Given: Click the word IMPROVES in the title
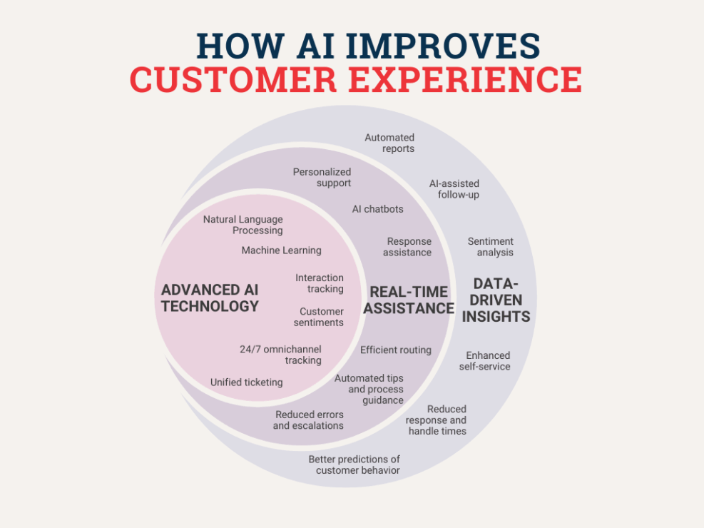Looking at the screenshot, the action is coord(443,46).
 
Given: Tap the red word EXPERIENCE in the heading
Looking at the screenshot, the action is coord(465,79).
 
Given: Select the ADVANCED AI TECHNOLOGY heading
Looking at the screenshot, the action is coord(210,298).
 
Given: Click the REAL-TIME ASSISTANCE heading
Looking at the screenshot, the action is coord(409,300).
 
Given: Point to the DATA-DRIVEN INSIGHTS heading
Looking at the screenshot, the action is coord(496,300).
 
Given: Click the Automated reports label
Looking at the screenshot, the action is coord(389,143).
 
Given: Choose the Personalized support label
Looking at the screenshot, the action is coord(322,178).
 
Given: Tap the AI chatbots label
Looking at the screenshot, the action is coord(377,209).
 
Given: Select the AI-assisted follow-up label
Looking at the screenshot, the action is coord(454,189).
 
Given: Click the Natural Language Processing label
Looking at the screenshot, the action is coord(243,225).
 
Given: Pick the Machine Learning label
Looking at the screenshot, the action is coord(282,250).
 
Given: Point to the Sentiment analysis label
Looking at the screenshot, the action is coord(490,247).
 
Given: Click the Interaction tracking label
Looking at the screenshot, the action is coord(320,283).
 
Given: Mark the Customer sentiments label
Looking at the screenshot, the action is coord(319,317).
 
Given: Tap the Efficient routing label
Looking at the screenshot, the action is coord(396,350).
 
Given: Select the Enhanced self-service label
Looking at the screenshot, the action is coord(484,361).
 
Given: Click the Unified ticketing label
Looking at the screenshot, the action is coord(247,382).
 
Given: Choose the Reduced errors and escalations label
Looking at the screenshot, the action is coord(308,420).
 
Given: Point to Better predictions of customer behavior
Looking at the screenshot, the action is coord(354,464).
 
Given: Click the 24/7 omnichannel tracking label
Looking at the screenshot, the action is coord(280,355).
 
